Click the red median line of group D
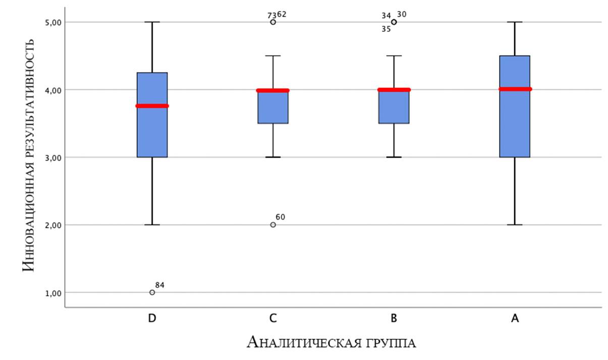[x=152, y=106]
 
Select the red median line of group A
[x=515, y=89]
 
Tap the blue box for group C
[x=273, y=107]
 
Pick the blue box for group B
[x=394, y=107]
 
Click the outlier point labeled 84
[x=152, y=292]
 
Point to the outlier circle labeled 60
[x=273, y=225]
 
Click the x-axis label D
[x=152, y=319]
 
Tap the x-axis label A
[x=515, y=319]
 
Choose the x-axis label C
[x=273, y=319]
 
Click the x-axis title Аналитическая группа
[x=331, y=342]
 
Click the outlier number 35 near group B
[x=386, y=29]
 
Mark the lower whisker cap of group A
[x=515, y=225]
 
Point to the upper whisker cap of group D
[x=152, y=22]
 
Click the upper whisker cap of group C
[x=273, y=56]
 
